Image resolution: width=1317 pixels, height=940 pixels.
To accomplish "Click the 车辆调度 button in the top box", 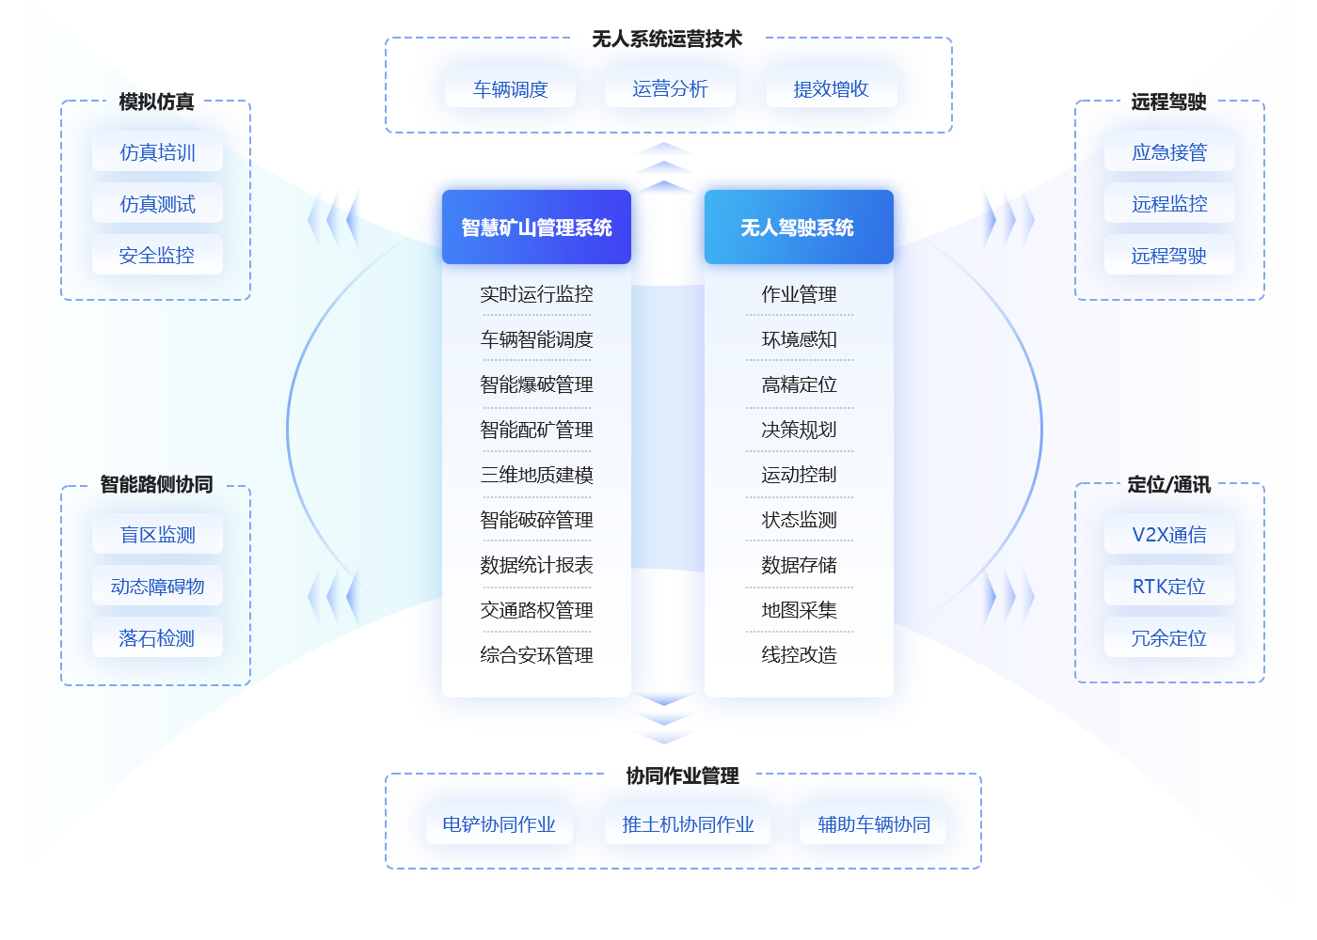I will coord(510,88).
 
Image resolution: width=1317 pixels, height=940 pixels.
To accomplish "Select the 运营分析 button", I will coord(670,88).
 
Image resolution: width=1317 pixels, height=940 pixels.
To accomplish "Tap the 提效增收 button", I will coord(831,88).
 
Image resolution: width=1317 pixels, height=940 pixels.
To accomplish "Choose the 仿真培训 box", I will coord(157,152).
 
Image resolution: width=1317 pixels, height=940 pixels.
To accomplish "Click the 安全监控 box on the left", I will coord(157,255).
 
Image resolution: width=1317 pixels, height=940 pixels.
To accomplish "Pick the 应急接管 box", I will coord(1169,152).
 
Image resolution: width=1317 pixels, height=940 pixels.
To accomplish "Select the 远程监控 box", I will coord(1169,203).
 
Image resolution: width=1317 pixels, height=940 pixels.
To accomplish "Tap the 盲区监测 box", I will coord(157,534).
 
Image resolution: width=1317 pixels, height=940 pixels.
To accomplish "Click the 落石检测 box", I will coord(157,637).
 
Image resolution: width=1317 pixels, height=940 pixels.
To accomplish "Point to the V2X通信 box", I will coord(1169,534).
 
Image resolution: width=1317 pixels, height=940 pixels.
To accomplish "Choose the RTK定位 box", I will coord(1169,586).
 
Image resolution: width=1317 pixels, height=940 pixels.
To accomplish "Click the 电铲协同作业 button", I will coord(499,824).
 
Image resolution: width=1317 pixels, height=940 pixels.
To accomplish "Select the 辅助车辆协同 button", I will coord(873,824).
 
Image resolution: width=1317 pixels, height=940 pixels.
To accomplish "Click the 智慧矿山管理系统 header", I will coord(536,227).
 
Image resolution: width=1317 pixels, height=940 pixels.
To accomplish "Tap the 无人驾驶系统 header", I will coord(798,227).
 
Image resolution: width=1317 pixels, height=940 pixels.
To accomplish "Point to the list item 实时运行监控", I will coord(536,294).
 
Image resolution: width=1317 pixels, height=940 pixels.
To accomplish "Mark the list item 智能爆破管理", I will coord(536,384).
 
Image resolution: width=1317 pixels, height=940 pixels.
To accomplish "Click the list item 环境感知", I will coord(799,339).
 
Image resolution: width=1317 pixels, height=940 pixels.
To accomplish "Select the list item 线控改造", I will coord(799,655).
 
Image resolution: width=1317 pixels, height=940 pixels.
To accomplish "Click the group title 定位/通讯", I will coord(1169,485).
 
